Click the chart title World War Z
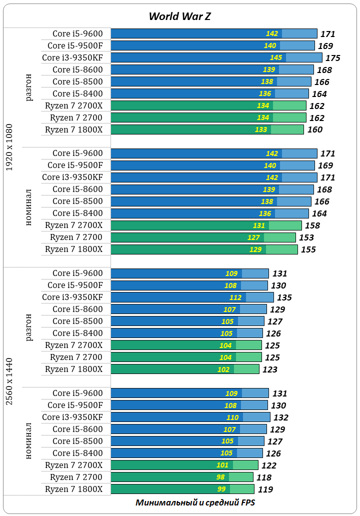point(179,16)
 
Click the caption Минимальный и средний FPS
point(195,502)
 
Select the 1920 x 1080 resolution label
point(9,147)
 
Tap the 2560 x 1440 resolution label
point(9,381)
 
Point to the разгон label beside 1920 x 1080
point(29,87)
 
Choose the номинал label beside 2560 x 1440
point(29,441)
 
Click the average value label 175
point(332,58)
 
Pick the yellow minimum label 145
point(276,57)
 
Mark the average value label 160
point(315,130)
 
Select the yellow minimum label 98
point(221,477)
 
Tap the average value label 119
point(265,490)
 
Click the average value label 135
point(284,298)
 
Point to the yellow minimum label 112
point(235,297)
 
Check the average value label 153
point(306,238)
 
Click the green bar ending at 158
point(206,225)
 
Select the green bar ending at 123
point(184,369)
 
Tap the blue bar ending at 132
point(190,417)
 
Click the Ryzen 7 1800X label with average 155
point(73,249)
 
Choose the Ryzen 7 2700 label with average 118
point(76,477)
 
